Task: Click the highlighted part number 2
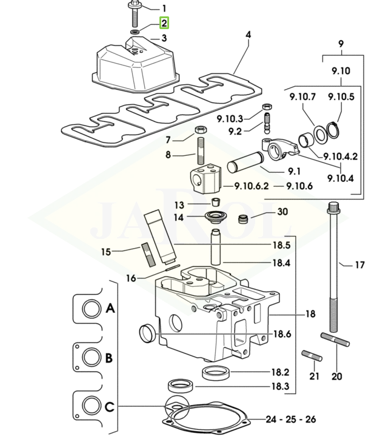(164, 24)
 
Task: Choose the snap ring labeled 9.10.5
(332, 129)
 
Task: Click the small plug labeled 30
(244, 218)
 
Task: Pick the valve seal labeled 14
(213, 216)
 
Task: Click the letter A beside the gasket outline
(110, 308)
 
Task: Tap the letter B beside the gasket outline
(108, 357)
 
